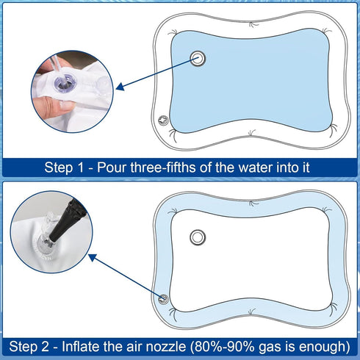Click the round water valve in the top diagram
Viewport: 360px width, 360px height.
(x=198, y=60)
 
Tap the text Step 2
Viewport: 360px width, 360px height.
(x=29, y=346)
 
